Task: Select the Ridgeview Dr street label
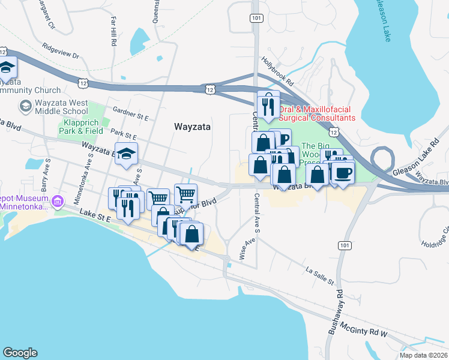[60, 50]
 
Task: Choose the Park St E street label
[124, 137]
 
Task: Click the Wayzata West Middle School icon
[25, 106]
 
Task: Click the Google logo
[20, 353]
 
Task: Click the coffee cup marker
[343, 173]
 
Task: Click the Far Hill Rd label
[113, 27]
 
